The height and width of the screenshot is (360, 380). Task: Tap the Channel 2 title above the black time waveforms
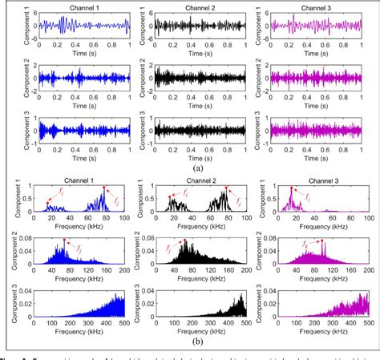(x=195, y=7)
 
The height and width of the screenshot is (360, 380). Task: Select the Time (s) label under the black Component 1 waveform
(x=195, y=50)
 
